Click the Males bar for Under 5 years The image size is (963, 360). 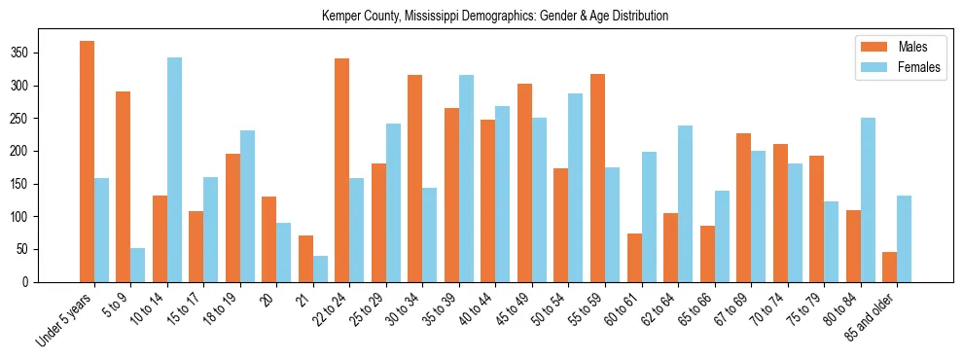[x=88, y=162]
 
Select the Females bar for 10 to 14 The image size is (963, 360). [x=174, y=169]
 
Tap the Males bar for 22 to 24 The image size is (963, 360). [x=342, y=170]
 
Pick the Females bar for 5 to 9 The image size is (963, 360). [x=138, y=265]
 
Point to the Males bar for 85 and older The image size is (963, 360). [x=889, y=267]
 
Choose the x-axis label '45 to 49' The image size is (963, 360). [x=516, y=307]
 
